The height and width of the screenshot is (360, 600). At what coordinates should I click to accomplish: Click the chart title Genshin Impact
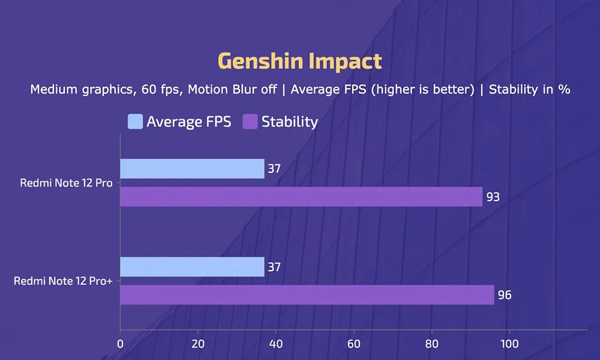[x=299, y=61]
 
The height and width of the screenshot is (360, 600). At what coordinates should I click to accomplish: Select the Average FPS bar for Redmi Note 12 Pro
[x=192, y=169]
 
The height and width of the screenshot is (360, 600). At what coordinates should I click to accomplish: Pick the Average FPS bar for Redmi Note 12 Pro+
[x=192, y=267]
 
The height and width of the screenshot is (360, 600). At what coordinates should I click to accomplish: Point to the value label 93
[x=493, y=197]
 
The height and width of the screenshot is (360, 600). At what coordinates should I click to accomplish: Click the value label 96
[x=505, y=295]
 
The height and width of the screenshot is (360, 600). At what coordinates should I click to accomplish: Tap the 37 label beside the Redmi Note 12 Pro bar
[x=275, y=169]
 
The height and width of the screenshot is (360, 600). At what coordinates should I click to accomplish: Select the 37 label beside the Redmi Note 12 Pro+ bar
[x=275, y=267]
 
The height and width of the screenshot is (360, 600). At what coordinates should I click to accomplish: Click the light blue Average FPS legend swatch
[x=135, y=122]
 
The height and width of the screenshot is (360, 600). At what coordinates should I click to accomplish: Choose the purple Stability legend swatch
[x=250, y=122]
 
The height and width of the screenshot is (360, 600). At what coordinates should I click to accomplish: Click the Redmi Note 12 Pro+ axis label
[x=64, y=281]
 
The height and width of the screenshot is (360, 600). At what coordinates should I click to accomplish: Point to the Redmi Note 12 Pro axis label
[x=66, y=183]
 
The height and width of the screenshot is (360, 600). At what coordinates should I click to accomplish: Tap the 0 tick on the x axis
[x=121, y=344]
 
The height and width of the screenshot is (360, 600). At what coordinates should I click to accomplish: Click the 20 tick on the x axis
[x=198, y=344]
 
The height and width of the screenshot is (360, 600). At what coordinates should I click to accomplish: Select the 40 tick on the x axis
[x=276, y=344]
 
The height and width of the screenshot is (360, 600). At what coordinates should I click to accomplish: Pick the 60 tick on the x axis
[x=354, y=344]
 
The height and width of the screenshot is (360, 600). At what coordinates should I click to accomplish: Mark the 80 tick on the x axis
[x=431, y=344]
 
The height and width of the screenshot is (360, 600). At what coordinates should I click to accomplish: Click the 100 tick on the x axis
[x=509, y=344]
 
